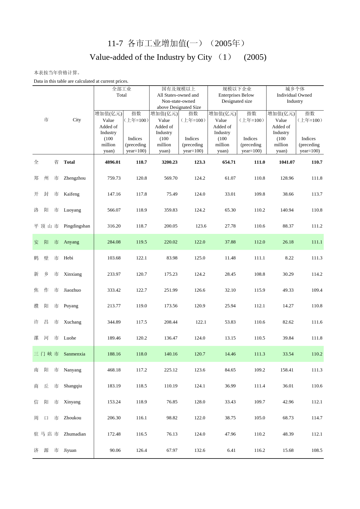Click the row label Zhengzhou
[x=75, y=178]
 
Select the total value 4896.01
[x=113, y=162]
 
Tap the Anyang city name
[x=71, y=242]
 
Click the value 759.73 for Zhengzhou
[x=114, y=178]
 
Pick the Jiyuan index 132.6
[x=199, y=450]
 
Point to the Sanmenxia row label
[x=74, y=354]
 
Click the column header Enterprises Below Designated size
[x=237, y=98]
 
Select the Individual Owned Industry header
[x=294, y=98]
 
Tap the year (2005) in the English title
[x=255, y=57]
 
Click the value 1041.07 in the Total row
[x=287, y=162]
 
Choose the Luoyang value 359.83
[x=171, y=210]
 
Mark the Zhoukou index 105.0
[x=260, y=418]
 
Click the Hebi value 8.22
[x=289, y=258]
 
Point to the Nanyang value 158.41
[x=287, y=370]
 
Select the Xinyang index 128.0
[x=199, y=402]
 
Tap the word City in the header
[x=77, y=120]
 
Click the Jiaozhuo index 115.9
[x=260, y=290]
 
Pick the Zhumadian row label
[x=75, y=434]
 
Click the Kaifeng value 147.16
[x=114, y=194]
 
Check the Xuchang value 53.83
[x=230, y=322]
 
